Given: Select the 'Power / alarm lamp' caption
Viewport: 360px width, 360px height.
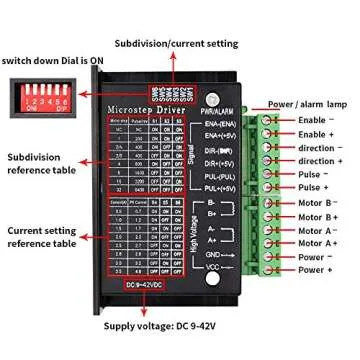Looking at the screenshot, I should (x=307, y=102).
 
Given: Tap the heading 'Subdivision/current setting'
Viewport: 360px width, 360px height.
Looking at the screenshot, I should (x=174, y=44).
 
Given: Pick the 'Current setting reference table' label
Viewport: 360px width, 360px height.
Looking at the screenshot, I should (x=41, y=236).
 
